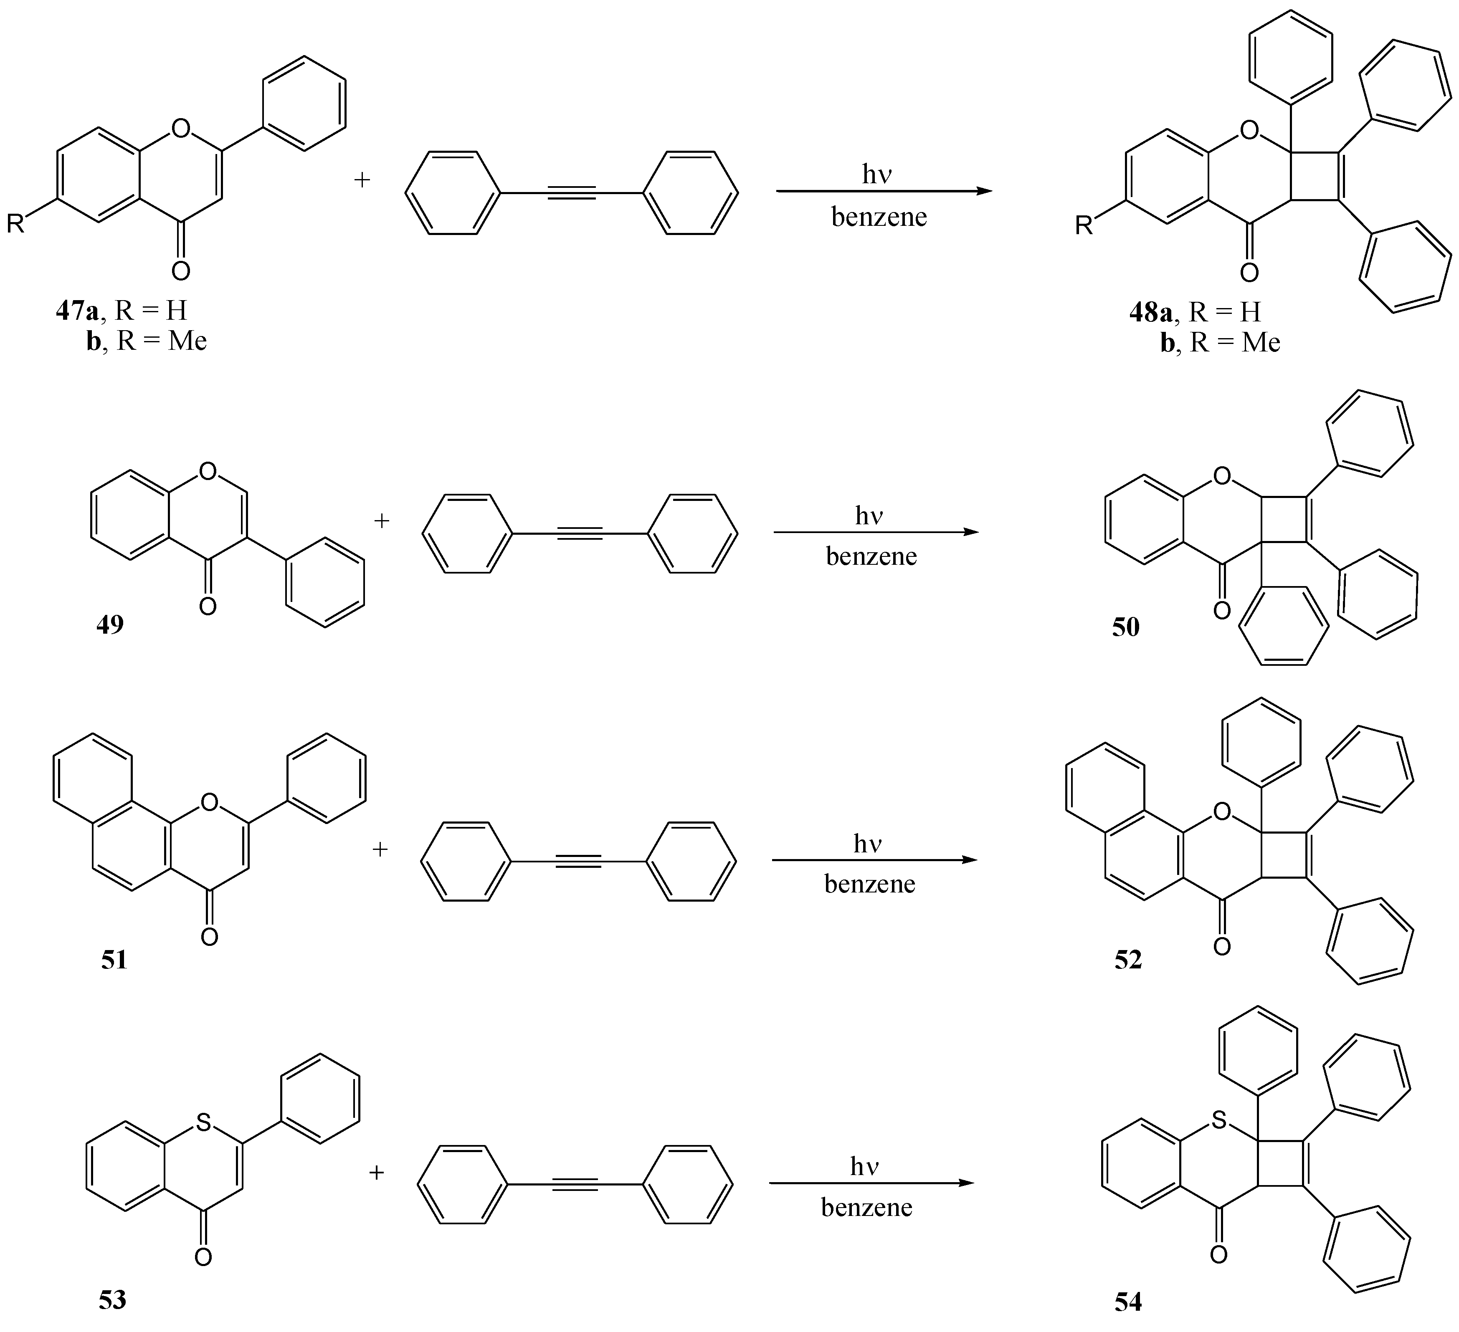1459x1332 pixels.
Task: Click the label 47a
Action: click(77, 311)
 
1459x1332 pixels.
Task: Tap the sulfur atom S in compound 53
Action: click(203, 1122)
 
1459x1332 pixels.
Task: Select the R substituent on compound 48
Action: click(1084, 226)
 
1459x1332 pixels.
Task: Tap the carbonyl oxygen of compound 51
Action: click(209, 938)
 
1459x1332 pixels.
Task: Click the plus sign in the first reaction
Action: click(362, 179)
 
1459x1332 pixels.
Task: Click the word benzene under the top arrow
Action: click(879, 217)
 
